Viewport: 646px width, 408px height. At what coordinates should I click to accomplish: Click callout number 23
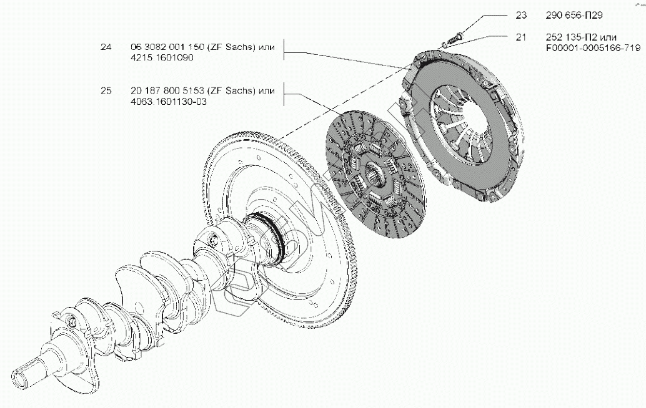[x=521, y=15]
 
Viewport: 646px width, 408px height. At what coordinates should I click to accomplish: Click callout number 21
[x=521, y=37]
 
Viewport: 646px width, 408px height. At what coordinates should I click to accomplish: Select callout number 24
[x=106, y=47]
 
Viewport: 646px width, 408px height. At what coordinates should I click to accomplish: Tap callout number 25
[x=106, y=90]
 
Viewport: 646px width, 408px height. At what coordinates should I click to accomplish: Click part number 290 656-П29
[x=574, y=15]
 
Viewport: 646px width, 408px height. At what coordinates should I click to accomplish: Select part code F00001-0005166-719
[x=593, y=47]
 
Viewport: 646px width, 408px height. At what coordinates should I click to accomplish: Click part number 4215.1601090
[x=162, y=57]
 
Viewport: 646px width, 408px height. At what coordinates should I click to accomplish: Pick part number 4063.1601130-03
[x=169, y=101]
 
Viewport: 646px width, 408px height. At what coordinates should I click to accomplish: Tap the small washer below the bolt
[x=443, y=44]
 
